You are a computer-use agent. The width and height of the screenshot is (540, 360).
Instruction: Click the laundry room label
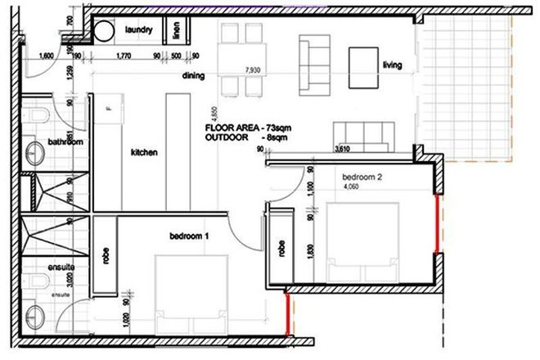[x=140, y=30]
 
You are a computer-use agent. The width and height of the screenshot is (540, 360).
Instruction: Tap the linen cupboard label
[x=177, y=32]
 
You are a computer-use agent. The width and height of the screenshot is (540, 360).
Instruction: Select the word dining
[x=192, y=76]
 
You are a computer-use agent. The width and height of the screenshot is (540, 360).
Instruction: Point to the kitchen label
[x=145, y=152]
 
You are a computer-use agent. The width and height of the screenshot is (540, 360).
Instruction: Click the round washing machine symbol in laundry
[x=105, y=31]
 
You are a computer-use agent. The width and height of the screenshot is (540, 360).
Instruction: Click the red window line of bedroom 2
[x=437, y=222]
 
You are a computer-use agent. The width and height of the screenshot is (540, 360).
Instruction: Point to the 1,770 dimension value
[x=124, y=56]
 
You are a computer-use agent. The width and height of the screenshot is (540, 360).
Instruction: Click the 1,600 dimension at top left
[x=46, y=56]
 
